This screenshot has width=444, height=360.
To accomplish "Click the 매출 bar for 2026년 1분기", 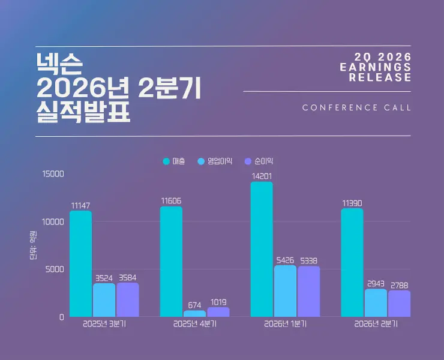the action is click(x=262, y=249).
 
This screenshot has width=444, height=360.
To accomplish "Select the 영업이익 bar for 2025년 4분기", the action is click(x=194, y=314).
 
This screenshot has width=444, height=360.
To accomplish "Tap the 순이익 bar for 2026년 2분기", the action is click(x=399, y=304).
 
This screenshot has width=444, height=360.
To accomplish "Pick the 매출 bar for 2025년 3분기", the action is click(x=81, y=263).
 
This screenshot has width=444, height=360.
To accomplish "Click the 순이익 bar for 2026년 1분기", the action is click(x=308, y=292).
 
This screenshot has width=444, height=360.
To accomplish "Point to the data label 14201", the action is click(x=262, y=176).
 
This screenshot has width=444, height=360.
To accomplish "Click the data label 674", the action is click(x=194, y=305).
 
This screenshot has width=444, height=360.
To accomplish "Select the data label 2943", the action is click(x=376, y=284).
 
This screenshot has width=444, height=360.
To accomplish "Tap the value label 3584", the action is click(x=128, y=278).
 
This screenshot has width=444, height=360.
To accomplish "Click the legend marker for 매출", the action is click(x=166, y=161).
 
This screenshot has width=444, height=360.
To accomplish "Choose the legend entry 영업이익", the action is click(x=215, y=161).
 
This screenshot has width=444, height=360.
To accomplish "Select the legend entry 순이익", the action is click(x=259, y=161).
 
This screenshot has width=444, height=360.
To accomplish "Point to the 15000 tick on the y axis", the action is click(x=53, y=174).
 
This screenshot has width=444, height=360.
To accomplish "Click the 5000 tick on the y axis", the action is click(x=55, y=269).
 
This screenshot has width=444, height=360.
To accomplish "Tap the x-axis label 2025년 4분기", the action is click(x=195, y=324).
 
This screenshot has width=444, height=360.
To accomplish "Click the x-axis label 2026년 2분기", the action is click(x=376, y=324).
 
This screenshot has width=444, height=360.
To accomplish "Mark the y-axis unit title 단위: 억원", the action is click(x=34, y=245).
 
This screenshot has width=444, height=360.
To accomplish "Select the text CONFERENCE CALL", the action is click(x=356, y=107).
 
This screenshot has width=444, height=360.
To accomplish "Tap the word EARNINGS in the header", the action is click(x=376, y=67).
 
